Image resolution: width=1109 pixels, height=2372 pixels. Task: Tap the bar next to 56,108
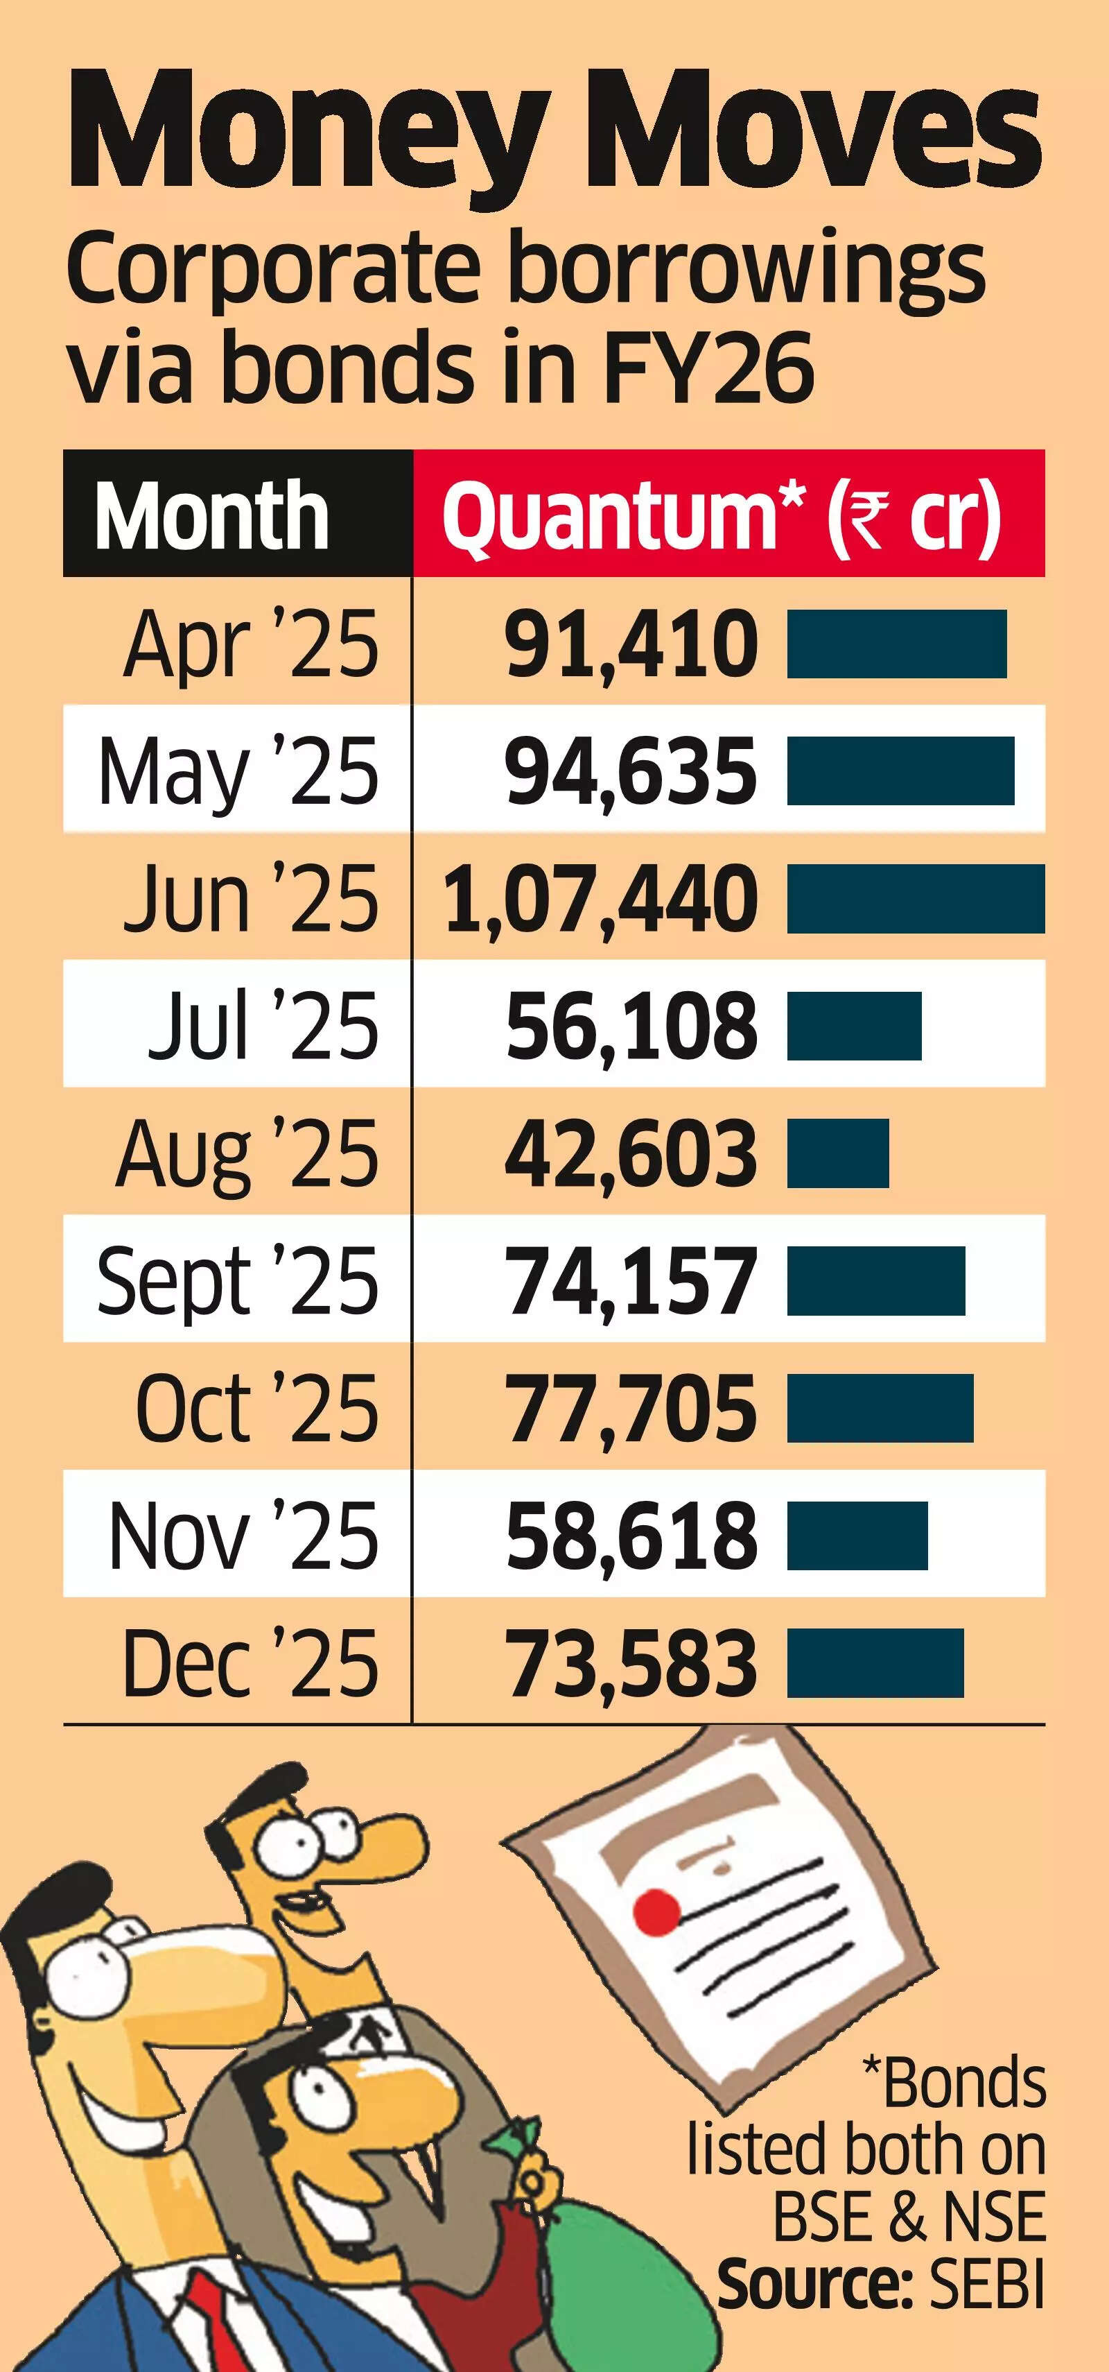[x=853, y=1026]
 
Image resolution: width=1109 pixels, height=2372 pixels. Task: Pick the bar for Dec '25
[x=874, y=1663]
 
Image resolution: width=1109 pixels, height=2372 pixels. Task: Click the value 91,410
[x=631, y=644]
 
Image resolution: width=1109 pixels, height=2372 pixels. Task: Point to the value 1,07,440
[x=601, y=899]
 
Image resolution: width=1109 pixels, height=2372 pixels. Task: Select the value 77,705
[x=631, y=1408]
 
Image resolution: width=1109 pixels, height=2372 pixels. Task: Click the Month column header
[x=211, y=515]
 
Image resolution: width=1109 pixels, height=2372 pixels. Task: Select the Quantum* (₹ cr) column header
[x=721, y=515]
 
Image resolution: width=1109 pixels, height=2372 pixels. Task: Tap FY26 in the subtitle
[x=708, y=366]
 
